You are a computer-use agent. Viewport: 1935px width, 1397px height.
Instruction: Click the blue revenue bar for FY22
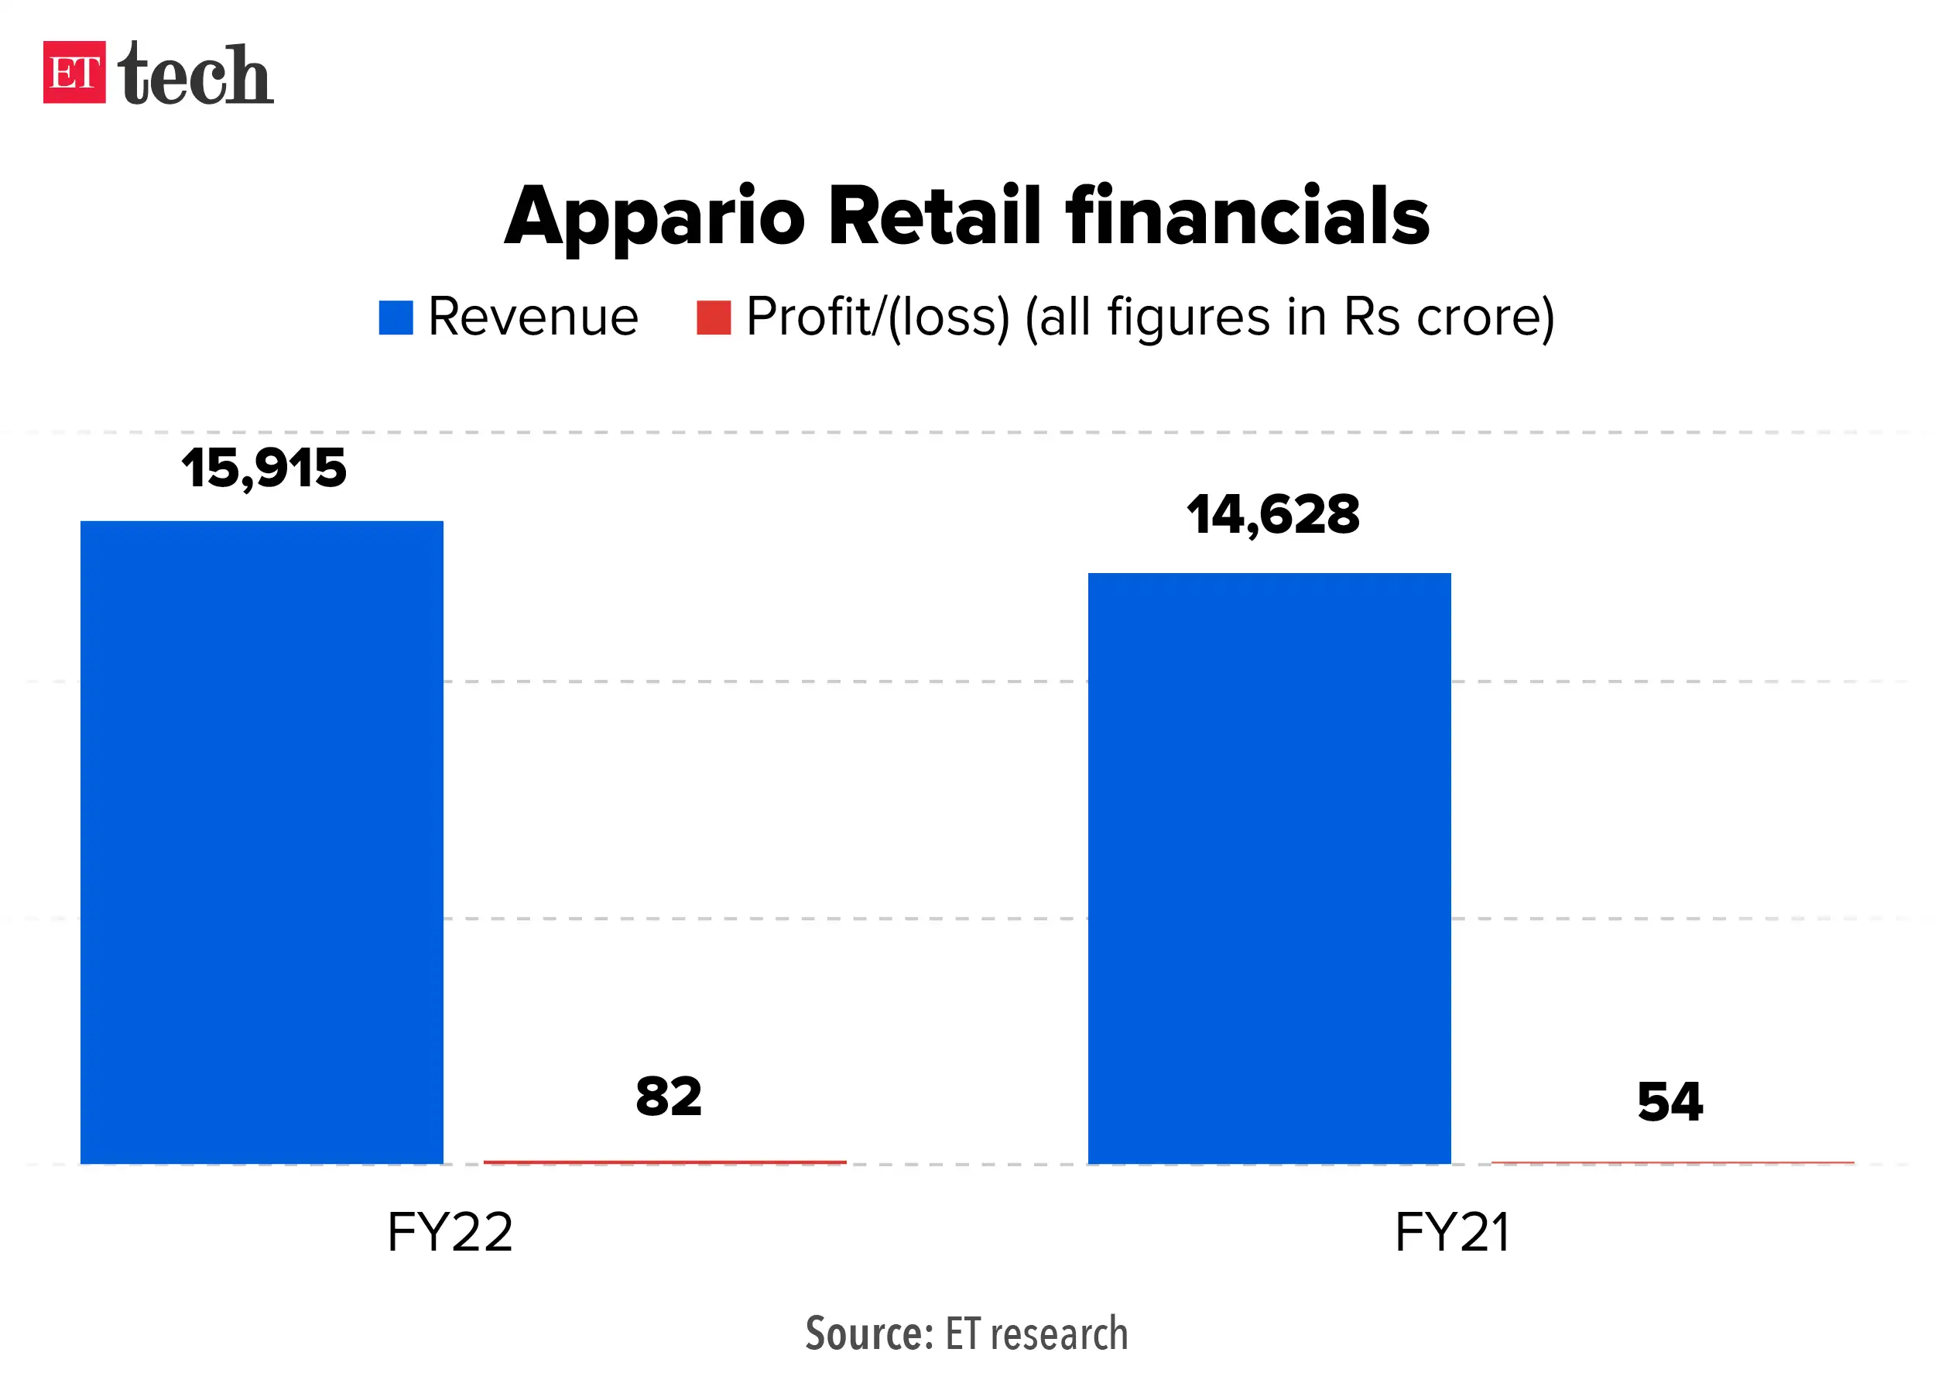[261, 842]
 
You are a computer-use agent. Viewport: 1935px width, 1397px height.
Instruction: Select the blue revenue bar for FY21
[1269, 867]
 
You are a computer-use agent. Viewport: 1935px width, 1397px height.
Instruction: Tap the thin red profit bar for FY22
[665, 1162]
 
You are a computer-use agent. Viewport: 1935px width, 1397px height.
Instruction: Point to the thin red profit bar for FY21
[1672, 1162]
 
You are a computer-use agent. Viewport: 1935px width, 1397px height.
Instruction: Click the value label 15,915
[264, 469]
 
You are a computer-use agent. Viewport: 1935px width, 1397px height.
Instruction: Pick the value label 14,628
[1272, 515]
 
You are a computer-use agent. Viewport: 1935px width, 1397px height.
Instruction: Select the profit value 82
[668, 1097]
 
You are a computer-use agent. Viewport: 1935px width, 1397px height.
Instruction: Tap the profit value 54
[1670, 1102]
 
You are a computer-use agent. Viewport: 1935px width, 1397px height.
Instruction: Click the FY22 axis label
[450, 1232]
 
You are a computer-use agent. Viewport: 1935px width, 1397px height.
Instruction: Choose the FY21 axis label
[1453, 1232]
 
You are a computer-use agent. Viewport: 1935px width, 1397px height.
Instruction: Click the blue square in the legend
[396, 317]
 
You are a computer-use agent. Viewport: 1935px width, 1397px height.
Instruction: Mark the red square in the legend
[714, 317]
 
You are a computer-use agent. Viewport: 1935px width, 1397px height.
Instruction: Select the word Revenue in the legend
[533, 317]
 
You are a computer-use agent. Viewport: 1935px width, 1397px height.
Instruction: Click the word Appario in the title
[654, 218]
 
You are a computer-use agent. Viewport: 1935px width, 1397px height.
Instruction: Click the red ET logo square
[74, 73]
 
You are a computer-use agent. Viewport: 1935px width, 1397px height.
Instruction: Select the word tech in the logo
[195, 74]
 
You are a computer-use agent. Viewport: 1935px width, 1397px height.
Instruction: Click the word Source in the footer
[868, 1333]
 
